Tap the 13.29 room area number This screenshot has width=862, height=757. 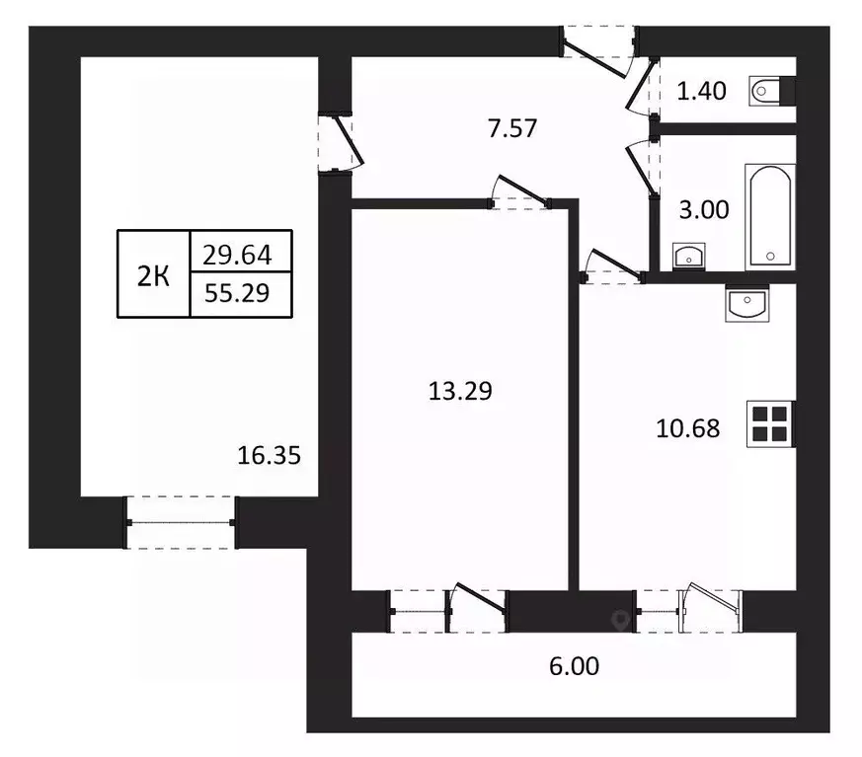tap(459, 391)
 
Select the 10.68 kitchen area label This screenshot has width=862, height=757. tap(687, 428)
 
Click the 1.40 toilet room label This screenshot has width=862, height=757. tap(701, 93)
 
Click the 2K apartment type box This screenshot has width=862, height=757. tap(153, 274)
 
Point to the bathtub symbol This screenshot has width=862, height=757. tap(770, 215)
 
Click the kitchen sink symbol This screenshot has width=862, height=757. tap(746, 304)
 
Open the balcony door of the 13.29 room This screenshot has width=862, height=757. tap(476, 611)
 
